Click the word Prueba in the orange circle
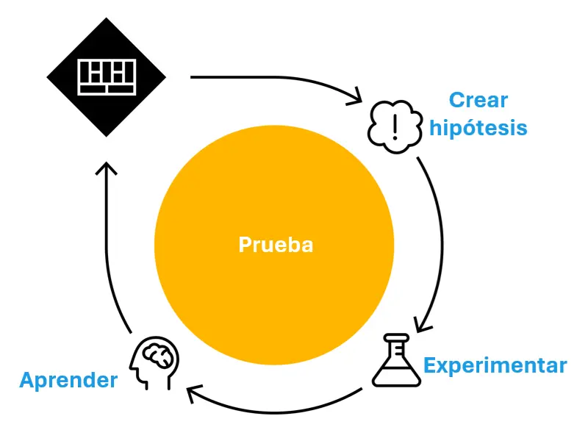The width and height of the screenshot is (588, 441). click(276, 245)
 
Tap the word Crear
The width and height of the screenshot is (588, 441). click(478, 100)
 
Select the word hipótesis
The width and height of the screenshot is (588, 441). click(478, 128)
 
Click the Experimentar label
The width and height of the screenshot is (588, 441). click(495, 365)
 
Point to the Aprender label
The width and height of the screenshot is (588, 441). click(68, 380)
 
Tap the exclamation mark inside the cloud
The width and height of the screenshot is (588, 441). click(395, 124)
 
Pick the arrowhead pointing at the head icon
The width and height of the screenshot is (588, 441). click(195, 395)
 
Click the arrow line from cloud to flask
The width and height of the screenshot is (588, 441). click(441, 235)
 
